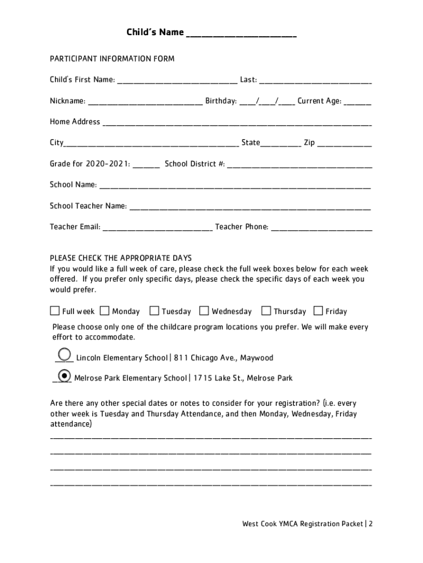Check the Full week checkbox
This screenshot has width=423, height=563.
[55, 311]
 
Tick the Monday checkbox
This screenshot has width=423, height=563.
[104, 311]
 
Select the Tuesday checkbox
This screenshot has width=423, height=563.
[154, 311]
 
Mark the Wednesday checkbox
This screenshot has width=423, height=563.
[204, 311]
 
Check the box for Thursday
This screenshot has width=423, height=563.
[266, 311]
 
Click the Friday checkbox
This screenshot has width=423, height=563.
[318, 311]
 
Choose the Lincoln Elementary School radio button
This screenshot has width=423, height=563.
[64, 354]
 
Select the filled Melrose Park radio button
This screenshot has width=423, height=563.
[64, 376]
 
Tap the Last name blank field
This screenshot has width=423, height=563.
[315, 80]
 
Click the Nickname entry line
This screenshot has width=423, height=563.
[145, 102]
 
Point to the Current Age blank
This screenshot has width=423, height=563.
[358, 102]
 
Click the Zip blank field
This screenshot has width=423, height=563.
[344, 143]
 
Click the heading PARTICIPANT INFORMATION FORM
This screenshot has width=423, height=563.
[112, 59]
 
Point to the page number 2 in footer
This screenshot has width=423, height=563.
[371, 524]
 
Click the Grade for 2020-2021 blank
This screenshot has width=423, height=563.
[146, 164]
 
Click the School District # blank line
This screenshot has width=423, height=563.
[299, 164]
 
